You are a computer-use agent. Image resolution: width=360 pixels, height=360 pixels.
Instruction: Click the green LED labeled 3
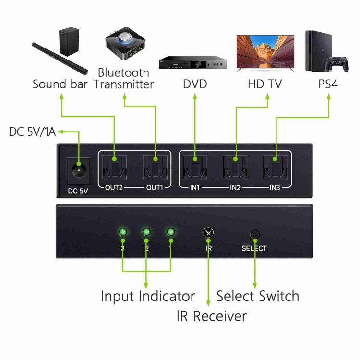point(123,233)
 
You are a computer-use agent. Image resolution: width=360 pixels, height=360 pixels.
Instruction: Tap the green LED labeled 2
point(146,233)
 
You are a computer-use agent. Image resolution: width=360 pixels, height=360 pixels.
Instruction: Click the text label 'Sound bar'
point(60,84)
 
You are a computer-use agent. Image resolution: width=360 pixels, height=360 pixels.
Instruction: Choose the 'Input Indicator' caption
point(147,296)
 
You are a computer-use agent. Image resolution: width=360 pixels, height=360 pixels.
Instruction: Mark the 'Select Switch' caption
point(257,296)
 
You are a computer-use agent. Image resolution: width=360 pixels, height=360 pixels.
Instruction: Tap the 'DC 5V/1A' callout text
point(33,132)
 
